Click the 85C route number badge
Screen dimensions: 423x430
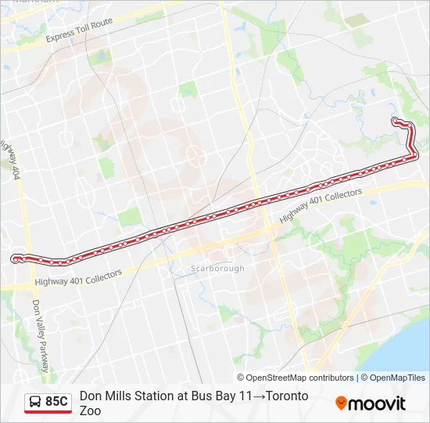(x=56, y=402)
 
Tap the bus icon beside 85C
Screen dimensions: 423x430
(x=36, y=402)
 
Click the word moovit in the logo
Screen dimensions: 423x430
(x=378, y=403)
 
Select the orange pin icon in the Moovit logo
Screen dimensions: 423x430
(x=342, y=403)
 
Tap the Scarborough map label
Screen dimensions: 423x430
(x=218, y=269)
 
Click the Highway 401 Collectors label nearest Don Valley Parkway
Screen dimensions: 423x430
(x=78, y=278)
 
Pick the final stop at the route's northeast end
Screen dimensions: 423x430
(x=395, y=121)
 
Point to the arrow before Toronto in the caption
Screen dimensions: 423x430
(x=259, y=396)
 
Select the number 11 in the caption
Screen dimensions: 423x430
(x=245, y=396)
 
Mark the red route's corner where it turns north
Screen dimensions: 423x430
(x=414, y=156)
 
